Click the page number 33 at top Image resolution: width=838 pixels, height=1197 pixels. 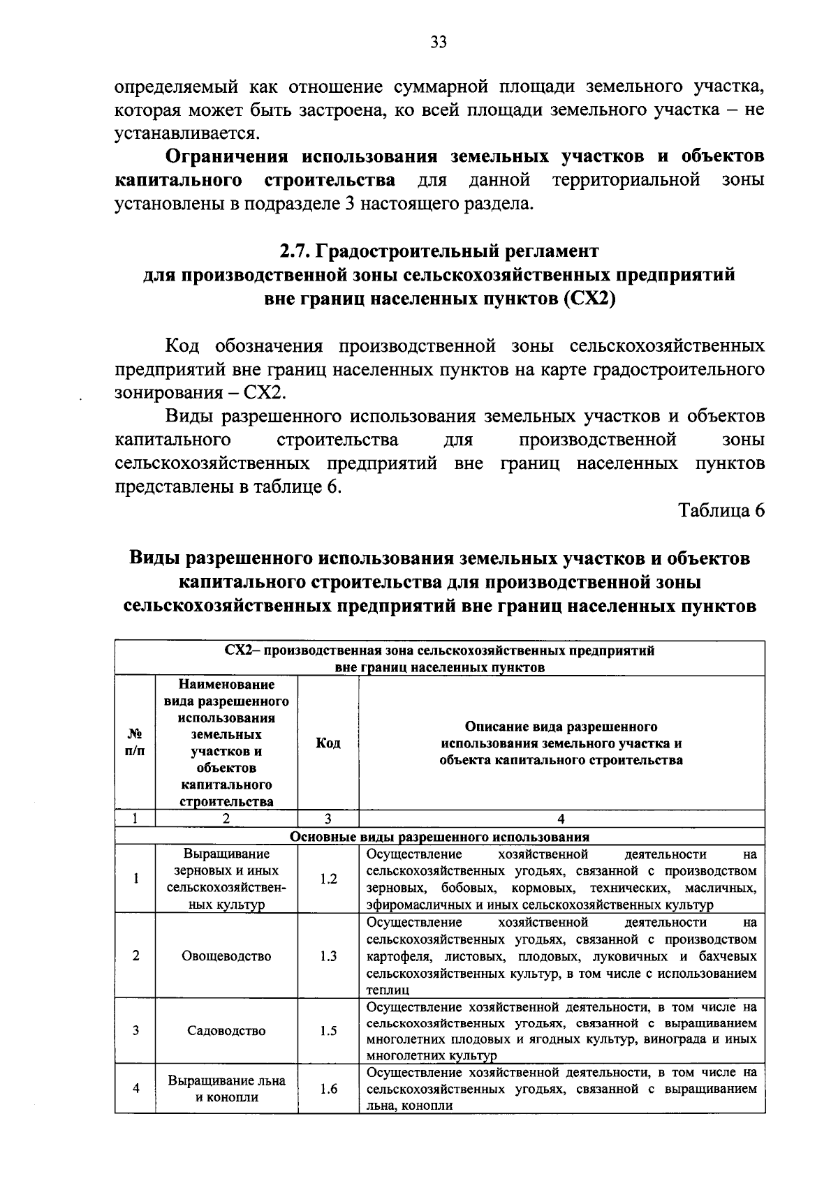tap(439, 43)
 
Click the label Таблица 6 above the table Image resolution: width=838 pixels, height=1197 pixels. tap(722, 510)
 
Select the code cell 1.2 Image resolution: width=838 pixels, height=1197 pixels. tap(328, 879)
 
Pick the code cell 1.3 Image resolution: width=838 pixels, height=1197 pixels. tap(328, 956)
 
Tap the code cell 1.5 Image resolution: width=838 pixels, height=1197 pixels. tap(328, 1030)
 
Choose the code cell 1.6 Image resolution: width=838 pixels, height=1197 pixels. tap(328, 1088)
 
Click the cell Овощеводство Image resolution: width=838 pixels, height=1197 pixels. tap(226, 956)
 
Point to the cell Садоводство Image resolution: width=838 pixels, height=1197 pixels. tap(226, 1030)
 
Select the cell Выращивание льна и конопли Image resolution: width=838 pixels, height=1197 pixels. tap(226, 1088)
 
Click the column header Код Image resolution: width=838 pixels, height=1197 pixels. tap(328, 743)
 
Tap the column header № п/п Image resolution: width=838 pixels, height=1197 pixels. tap(135, 743)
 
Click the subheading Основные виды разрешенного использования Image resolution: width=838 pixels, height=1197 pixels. tap(440, 836)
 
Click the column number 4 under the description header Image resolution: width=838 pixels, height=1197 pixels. tap(561, 819)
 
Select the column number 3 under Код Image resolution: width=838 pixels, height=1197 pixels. tap(328, 819)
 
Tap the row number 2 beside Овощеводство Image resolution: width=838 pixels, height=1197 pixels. tap(135, 956)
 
